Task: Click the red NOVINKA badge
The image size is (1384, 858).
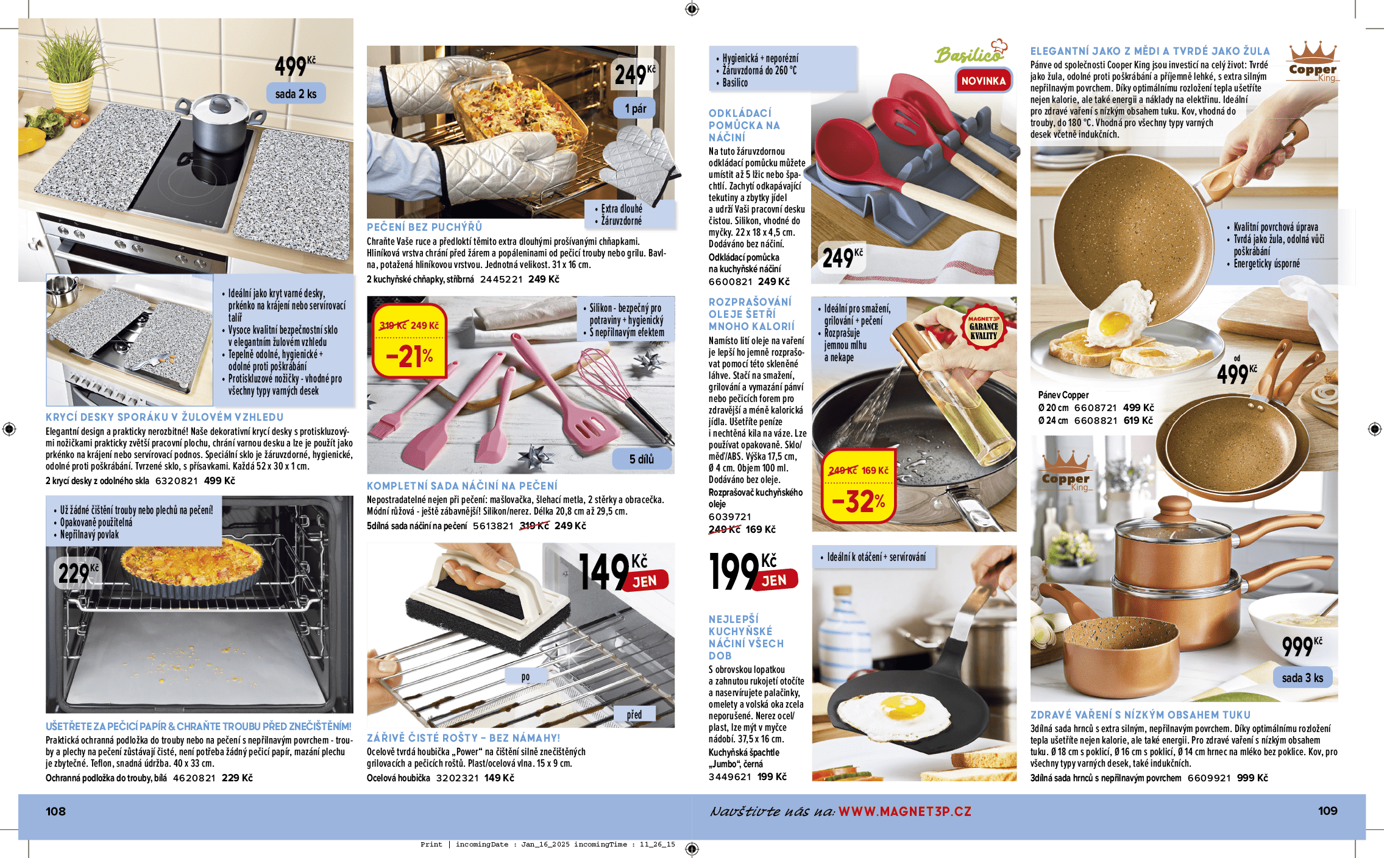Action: pyautogui.click(x=983, y=80)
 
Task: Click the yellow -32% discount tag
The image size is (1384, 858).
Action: pyautogui.click(x=858, y=485)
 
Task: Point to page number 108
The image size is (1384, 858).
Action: pyautogui.click(x=55, y=811)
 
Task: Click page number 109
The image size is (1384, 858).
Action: pyautogui.click(x=1327, y=811)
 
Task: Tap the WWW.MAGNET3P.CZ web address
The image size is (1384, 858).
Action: pyautogui.click(x=905, y=811)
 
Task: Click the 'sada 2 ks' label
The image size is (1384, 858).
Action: pyautogui.click(x=296, y=94)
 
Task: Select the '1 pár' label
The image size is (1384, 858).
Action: pyautogui.click(x=635, y=108)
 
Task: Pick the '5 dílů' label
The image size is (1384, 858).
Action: pyautogui.click(x=642, y=459)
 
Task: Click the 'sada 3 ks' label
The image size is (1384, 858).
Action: pyautogui.click(x=1302, y=678)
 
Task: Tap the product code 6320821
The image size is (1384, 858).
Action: pyautogui.click(x=177, y=480)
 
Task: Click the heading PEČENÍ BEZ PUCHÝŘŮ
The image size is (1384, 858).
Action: pyautogui.click(x=424, y=227)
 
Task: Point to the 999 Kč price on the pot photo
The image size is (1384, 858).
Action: pyautogui.click(x=1302, y=646)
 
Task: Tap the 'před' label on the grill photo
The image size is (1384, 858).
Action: pyautogui.click(x=634, y=714)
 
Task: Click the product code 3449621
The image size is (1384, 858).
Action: pyautogui.click(x=730, y=776)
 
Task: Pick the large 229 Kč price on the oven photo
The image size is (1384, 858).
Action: pyautogui.click(x=78, y=573)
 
